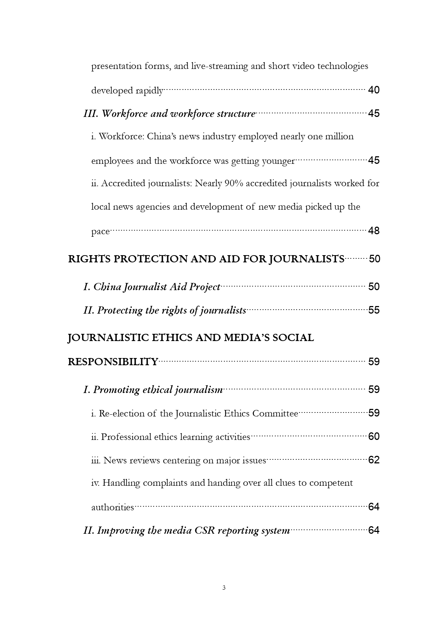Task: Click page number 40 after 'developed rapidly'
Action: coord(374,90)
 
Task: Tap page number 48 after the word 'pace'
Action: coord(374,231)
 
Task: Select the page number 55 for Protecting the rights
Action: coord(374,310)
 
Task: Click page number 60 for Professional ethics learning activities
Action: coord(374,437)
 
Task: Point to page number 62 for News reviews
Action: coord(374,460)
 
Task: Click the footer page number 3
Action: coord(224,588)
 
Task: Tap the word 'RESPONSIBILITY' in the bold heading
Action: coord(113,362)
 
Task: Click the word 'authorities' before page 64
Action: coord(112,507)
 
